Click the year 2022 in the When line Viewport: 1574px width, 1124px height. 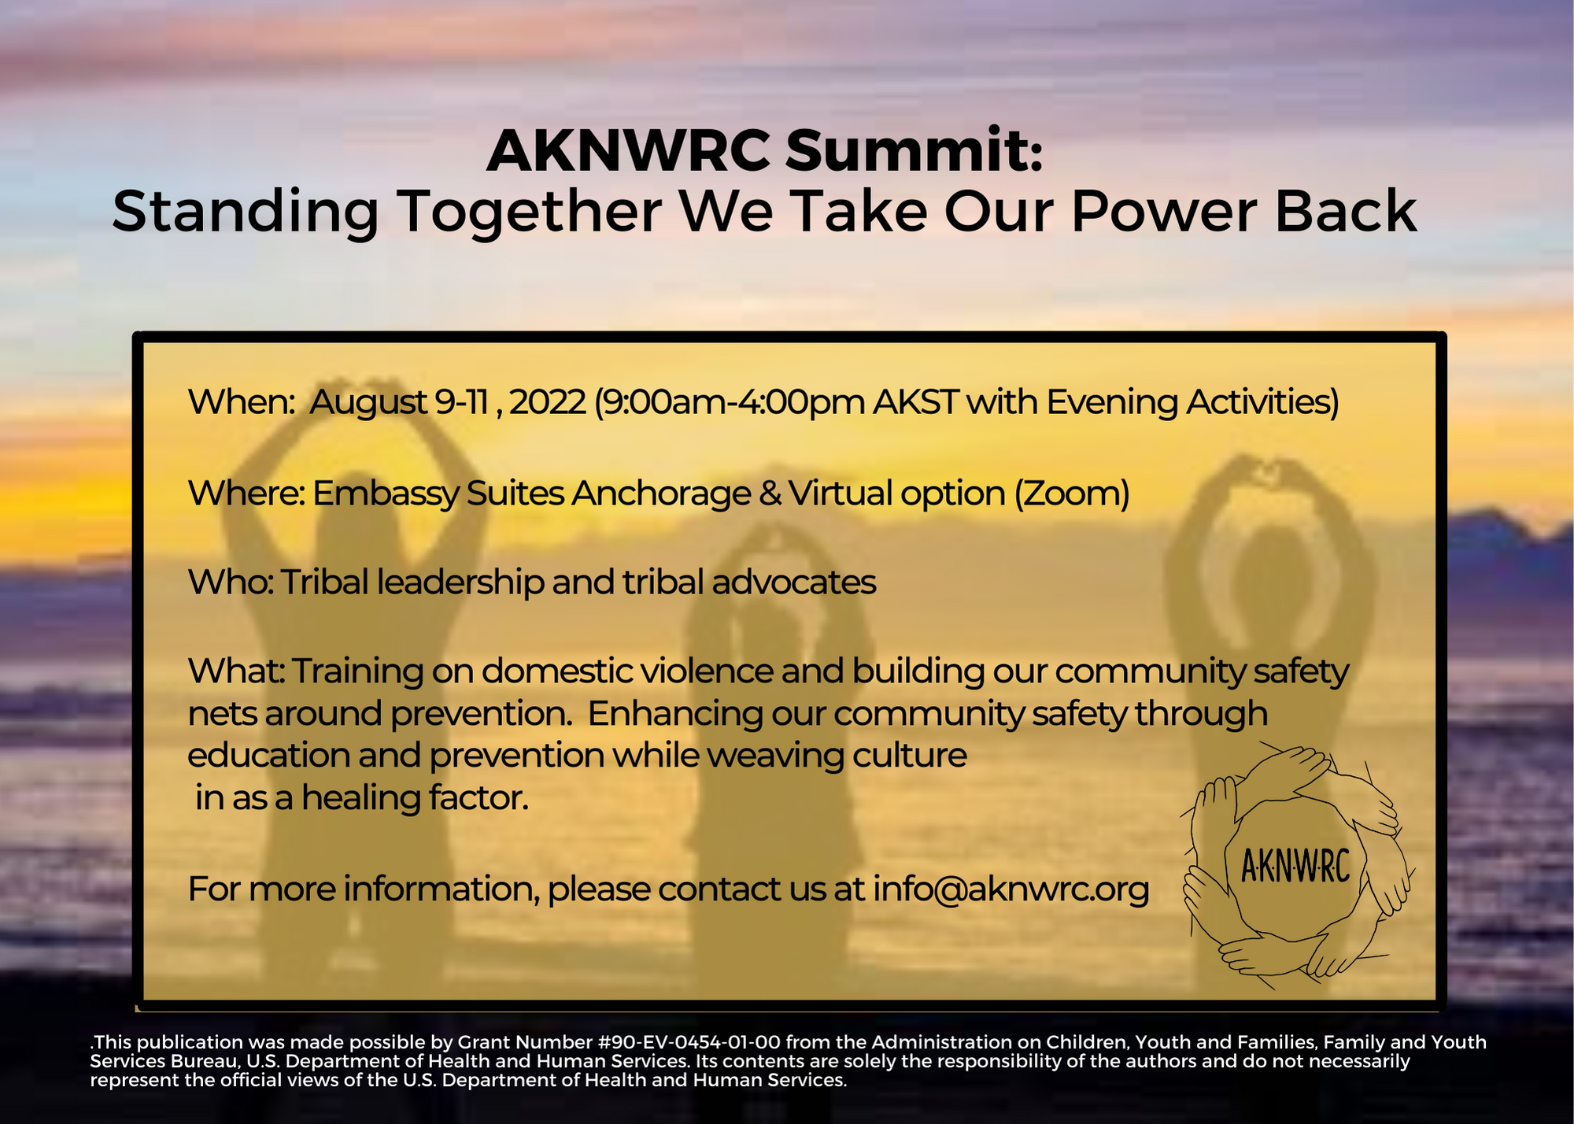[x=548, y=401]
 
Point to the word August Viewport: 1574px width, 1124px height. [x=368, y=403]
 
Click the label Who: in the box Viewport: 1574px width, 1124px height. [x=231, y=582]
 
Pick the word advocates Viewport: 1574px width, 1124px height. [x=793, y=582]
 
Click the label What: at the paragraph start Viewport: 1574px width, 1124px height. [x=236, y=671]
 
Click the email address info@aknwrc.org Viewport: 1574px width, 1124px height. [x=1011, y=889]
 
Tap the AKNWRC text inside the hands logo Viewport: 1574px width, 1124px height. [x=1295, y=866]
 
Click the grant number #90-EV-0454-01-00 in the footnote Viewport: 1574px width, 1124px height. [x=689, y=1042]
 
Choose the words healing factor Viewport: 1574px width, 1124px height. [x=415, y=799]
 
